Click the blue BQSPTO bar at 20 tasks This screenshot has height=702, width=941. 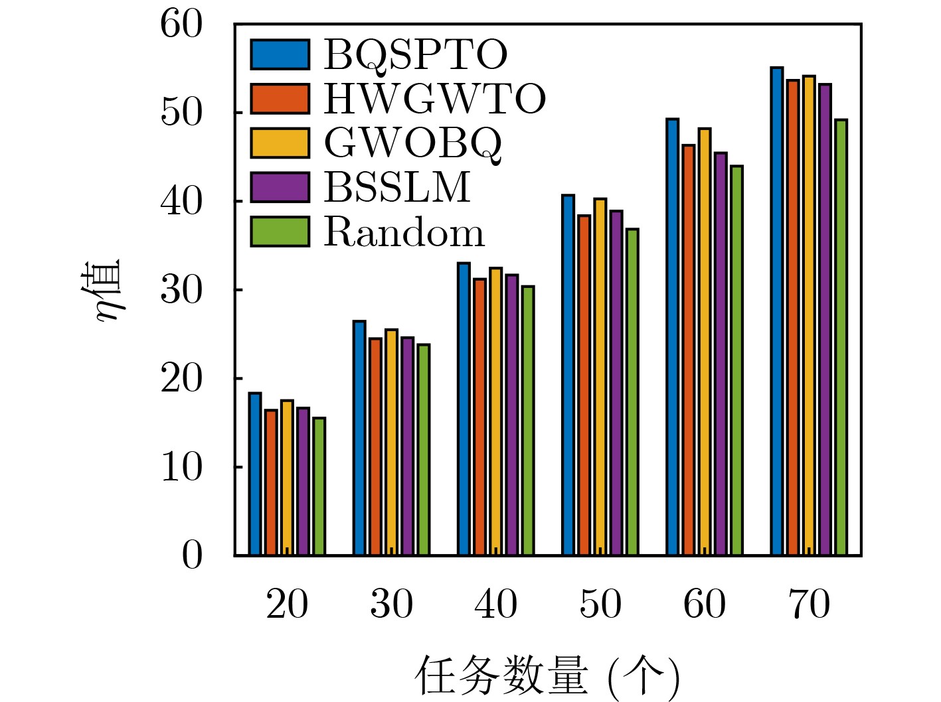click(255, 474)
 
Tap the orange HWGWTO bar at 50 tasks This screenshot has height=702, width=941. click(584, 385)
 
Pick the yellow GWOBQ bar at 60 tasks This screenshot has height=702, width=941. click(705, 342)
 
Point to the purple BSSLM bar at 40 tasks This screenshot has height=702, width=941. click(511, 415)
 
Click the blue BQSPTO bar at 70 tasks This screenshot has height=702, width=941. click(777, 311)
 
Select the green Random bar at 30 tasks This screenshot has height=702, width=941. click(423, 449)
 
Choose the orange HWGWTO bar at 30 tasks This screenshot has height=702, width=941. click(375, 447)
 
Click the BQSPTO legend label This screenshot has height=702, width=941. click(415, 54)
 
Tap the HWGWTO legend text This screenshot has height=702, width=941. click(434, 99)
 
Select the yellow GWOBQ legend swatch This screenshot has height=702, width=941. click(280, 143)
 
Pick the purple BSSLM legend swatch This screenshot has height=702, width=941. click(280, 187)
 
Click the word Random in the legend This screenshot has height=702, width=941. click(404, 232)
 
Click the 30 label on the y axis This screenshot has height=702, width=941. click(181, 290)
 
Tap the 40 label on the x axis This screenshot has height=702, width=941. click(495, 604)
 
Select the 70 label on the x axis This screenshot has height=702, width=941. click(809, 604)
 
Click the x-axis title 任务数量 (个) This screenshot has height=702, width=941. click(547, 677)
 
